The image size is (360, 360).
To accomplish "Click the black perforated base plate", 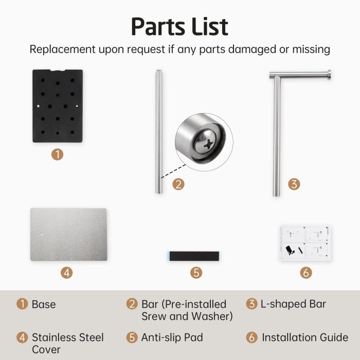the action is pyautogui.click(x=58, y=106).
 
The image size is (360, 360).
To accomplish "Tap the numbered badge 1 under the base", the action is pyautogui.click(x=57, y=154).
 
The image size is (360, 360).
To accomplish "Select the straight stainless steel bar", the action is pyautogui.click(x=159, y=131).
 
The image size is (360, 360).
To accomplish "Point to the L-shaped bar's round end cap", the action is pyautogui.click(x=329, y=75).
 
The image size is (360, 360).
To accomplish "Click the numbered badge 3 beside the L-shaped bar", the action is pyautogui.click(x=294, y=184).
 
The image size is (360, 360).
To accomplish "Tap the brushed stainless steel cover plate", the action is pyautogui.click(x=68, y=235).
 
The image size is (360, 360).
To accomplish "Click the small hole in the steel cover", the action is pyautogui.click(x=42, y=234).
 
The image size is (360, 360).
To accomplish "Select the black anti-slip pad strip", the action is pyautogui.click(x=194, y=256).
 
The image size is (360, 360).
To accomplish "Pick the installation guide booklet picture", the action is pyautogui.click(x=305, y=243).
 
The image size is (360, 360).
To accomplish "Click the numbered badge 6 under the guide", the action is pyautogui.click(x=306, y=273).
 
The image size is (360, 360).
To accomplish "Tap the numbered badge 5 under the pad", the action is pyautogui.click(x=196, y=273).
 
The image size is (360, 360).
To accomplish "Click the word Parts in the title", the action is pyautogui.click(x=158, y=27).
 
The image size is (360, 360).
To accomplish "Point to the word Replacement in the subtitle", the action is pyautogui.click(x=62, y=49).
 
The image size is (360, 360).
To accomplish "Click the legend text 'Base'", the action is pyautogui.click(x=44, y=304).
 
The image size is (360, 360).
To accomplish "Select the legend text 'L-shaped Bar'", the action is pyautogui.click(x=293, y=304).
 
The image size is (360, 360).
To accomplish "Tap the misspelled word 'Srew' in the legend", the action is pyautogui.click(x=154, y=316).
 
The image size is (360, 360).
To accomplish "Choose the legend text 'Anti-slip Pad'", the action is pyautogui.click(x=172, y=337).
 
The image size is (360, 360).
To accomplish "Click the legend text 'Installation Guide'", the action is pyautogui.click(x=305, y=337).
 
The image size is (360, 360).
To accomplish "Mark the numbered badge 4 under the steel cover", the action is pyautogui.click(x=66, y=273).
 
